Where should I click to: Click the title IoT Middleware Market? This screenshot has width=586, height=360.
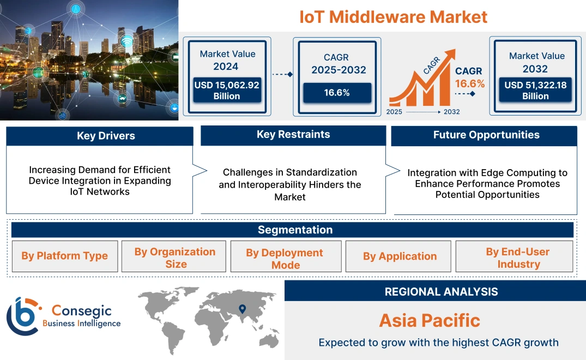click(393, 16)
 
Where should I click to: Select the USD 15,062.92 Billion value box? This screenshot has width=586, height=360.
click(227, 91)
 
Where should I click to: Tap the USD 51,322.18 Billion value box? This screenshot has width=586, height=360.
click(535, 91)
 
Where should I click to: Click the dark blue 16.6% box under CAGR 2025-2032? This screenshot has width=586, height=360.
click(337, 93)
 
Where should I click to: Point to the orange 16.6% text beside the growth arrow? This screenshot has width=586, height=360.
click(470, 84)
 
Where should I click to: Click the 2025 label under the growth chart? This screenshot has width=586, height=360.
click(395, 112)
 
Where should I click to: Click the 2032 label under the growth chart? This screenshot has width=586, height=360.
click(451, 112)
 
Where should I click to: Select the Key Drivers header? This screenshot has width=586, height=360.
click(99, 136)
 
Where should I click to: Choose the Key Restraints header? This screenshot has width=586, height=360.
click(293, 135)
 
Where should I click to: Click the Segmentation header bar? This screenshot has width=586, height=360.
click(295, 230)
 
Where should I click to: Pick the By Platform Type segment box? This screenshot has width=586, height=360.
click(64, 256)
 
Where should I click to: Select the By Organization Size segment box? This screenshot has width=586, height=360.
click(175, 257)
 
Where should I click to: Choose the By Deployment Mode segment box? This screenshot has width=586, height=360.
click(285, 259)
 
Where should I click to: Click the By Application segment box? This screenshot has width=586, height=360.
click(400, 256)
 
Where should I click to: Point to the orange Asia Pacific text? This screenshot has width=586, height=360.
click(430, 320)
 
